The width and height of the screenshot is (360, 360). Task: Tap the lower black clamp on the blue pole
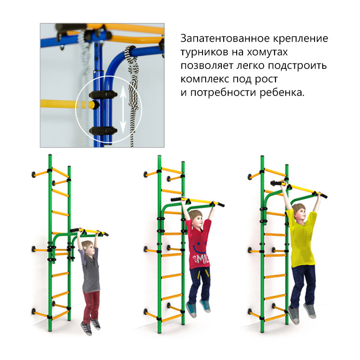[103, 130]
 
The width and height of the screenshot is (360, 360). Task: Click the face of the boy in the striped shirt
[87, 247]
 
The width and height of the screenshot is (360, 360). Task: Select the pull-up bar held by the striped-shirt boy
[90, 231]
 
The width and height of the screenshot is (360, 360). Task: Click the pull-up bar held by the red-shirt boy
[198, 201]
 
